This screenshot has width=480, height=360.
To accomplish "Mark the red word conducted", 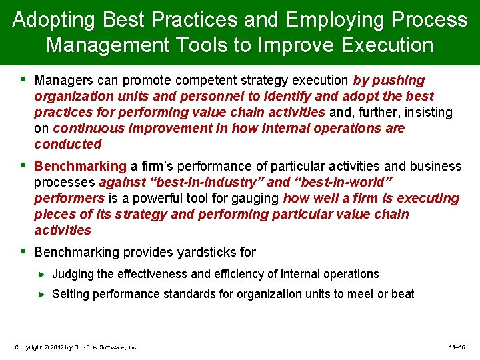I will pos(67,144).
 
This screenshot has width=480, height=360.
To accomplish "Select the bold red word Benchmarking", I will pos(80,166).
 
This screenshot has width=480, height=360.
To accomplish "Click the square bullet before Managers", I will pos(23,80).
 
